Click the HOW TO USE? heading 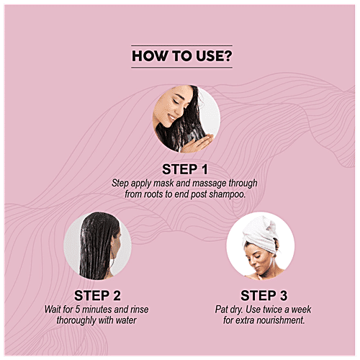pyautogui.click(x=182, y=56)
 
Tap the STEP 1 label pyautogui.click(x=185, y=169)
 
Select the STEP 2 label pyautogui.click(x=97, y=295)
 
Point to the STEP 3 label pyautogui.click(x=264, y=295)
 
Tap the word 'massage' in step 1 pyautogui.click(x=210, y=184)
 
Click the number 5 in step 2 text pyautogui.click(x=77, y=310)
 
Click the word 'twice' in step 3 pyautogui.click(x=271, y=310)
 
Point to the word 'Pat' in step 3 pyautogui.click(x=220, y=310)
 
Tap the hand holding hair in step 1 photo pyautogui.click(x=197, y=143)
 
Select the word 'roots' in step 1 pyautogui.click(x=153, y=194)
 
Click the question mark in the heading pyautogui.click(x=228, y=56)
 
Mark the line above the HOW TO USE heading pyautogui.click(x=181, y=45)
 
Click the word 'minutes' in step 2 pyautogui.click(x=97, y=310)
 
